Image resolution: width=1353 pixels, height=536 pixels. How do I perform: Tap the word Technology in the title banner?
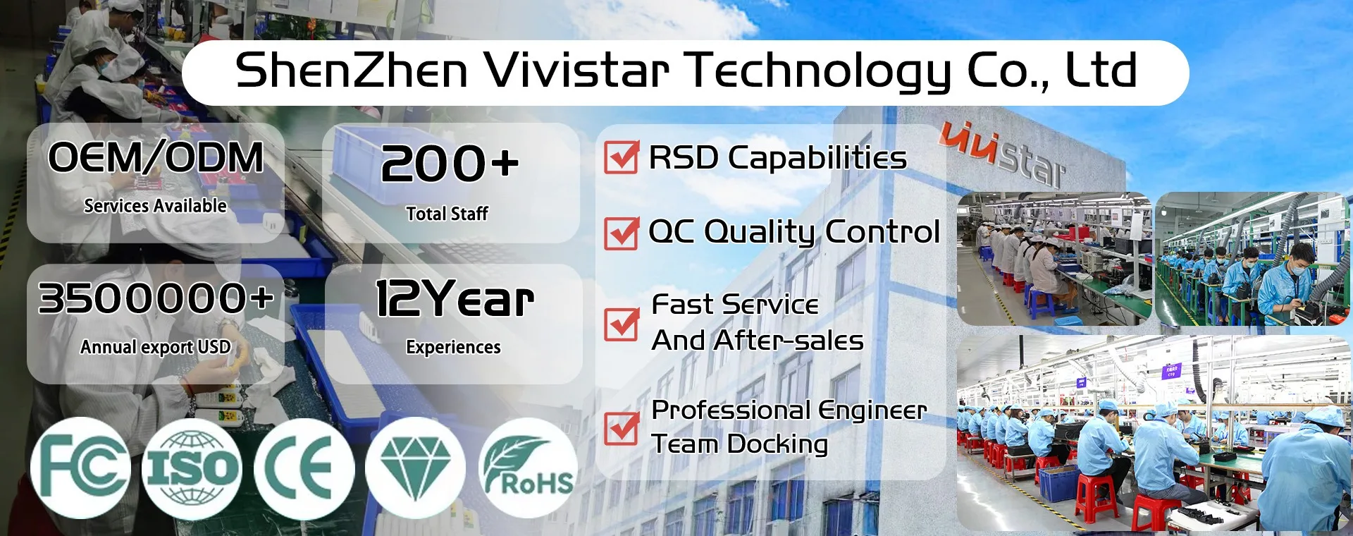coord(817,72)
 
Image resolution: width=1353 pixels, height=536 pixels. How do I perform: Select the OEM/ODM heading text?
coord(156,157)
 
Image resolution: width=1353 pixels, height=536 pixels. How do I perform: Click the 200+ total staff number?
coord(450,164)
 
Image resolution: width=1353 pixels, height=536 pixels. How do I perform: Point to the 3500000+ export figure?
coord(156,298)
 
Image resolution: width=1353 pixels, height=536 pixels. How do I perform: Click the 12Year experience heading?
coord(455,298)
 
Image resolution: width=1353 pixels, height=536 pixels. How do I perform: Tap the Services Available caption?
coord(156,206)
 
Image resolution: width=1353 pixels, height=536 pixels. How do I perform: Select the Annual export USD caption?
coord(156,347)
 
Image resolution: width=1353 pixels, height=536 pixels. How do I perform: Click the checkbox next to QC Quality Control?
coord(622,233)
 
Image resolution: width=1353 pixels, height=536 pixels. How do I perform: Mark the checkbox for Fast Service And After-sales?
coord(622,324)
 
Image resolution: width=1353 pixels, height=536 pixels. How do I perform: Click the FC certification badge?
coord(80,468)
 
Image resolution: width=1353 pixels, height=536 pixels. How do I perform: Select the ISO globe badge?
coord(192,468)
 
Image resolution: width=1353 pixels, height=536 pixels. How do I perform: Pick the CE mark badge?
coord(304,468)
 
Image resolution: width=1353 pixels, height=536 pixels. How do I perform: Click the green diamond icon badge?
coord(415,468)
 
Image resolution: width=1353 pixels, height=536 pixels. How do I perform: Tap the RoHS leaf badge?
coord(528,468)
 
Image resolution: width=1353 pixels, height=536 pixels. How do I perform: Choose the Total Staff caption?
coord(447,214)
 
